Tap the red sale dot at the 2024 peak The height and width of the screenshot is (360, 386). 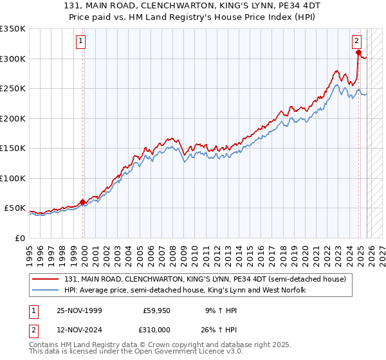coord(359,53)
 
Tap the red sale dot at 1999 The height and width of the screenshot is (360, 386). coord(82,202)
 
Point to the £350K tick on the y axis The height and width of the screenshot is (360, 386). coord(13,29)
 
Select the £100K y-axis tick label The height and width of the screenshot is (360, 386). coord(13,178)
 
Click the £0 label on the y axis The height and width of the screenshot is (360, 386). coord(19,238)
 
